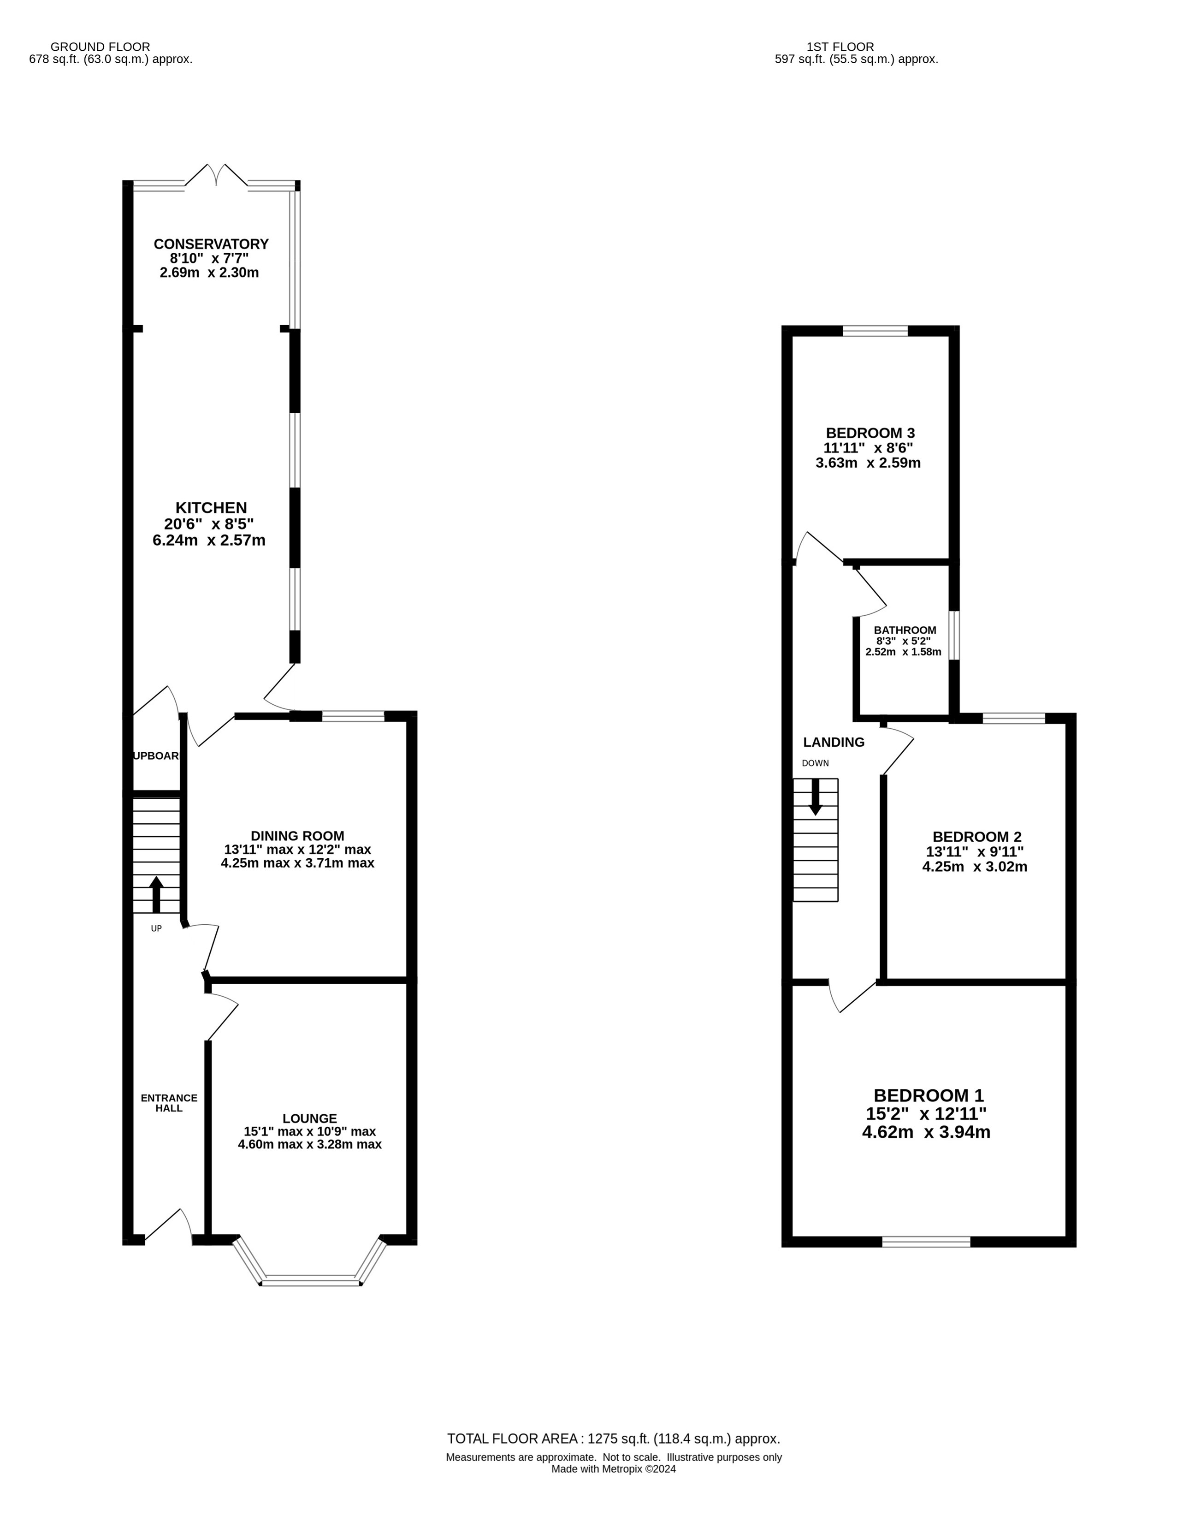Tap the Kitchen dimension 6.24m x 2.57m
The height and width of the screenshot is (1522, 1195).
click(209, 540)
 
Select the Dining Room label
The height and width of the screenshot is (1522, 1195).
click(297, 836)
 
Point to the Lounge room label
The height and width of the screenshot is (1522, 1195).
click(310, 1119)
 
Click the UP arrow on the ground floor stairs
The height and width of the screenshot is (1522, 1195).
click(156, 895)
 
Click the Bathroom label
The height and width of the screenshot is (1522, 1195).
click(905, 630)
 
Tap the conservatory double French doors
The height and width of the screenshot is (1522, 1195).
click(217, 175)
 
